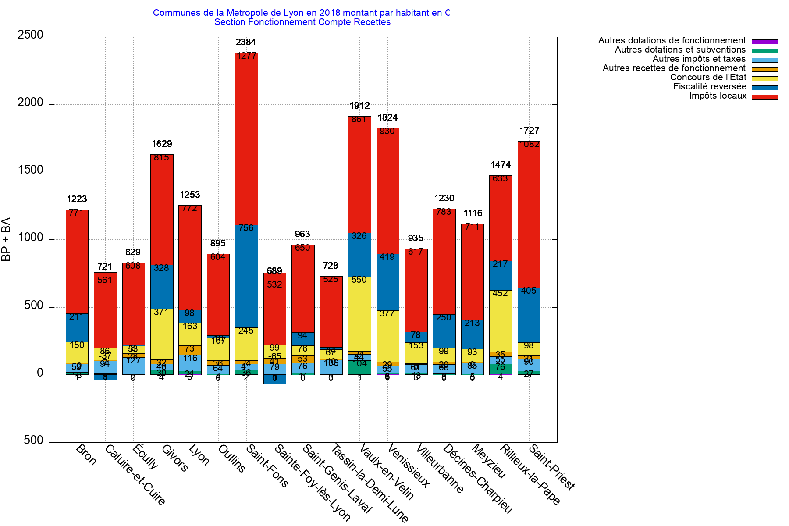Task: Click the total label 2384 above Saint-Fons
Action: (246, 42)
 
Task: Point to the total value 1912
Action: (359, 106)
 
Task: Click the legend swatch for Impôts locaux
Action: (765, 97)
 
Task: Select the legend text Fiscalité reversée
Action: (710, 86)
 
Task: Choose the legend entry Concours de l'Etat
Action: (708, 77)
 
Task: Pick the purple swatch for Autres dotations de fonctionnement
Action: (765, 42)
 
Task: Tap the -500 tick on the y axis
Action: (32, 441)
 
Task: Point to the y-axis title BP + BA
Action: (6, 239)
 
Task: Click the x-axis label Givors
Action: (174, 458)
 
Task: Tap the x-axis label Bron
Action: (86, 455)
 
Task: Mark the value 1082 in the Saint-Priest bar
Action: (529, 144)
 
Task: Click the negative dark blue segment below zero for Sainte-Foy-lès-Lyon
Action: (275, 379)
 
